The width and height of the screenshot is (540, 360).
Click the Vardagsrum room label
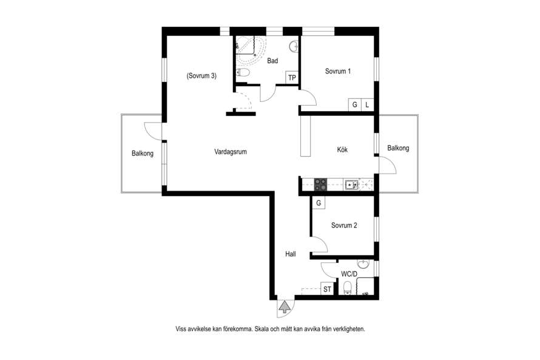(x=231, y=152)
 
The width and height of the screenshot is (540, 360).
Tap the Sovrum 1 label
(x=338, y=71)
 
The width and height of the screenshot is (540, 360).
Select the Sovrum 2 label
(x=344, y=225)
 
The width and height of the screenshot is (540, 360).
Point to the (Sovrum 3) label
(x=201, y=76)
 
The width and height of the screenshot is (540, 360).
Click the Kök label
(x=342, y=149)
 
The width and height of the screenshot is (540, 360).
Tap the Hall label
(x=290, y=254)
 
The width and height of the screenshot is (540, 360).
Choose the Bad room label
(x=272, y=61)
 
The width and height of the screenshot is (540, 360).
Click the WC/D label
(x=349, y=274)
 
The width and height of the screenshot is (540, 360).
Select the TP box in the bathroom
(x=292, y=78)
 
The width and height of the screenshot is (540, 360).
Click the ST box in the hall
(x=327, y=289)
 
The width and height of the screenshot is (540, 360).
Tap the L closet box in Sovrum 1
(x=367, y=105)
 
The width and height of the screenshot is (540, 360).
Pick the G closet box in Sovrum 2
(x=319, y=203)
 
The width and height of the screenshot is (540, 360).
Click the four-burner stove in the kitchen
(x=320, y=185)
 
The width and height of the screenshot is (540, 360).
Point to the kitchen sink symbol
(x=352, y=185)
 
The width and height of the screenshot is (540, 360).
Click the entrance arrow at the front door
(x=285, y=307)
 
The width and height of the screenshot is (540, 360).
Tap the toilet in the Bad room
(x=243, y=72)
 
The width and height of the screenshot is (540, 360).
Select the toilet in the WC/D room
(x=348, y=288)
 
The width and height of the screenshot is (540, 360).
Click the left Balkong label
(x=143, y=154)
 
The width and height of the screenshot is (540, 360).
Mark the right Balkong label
(x=398, y=148)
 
